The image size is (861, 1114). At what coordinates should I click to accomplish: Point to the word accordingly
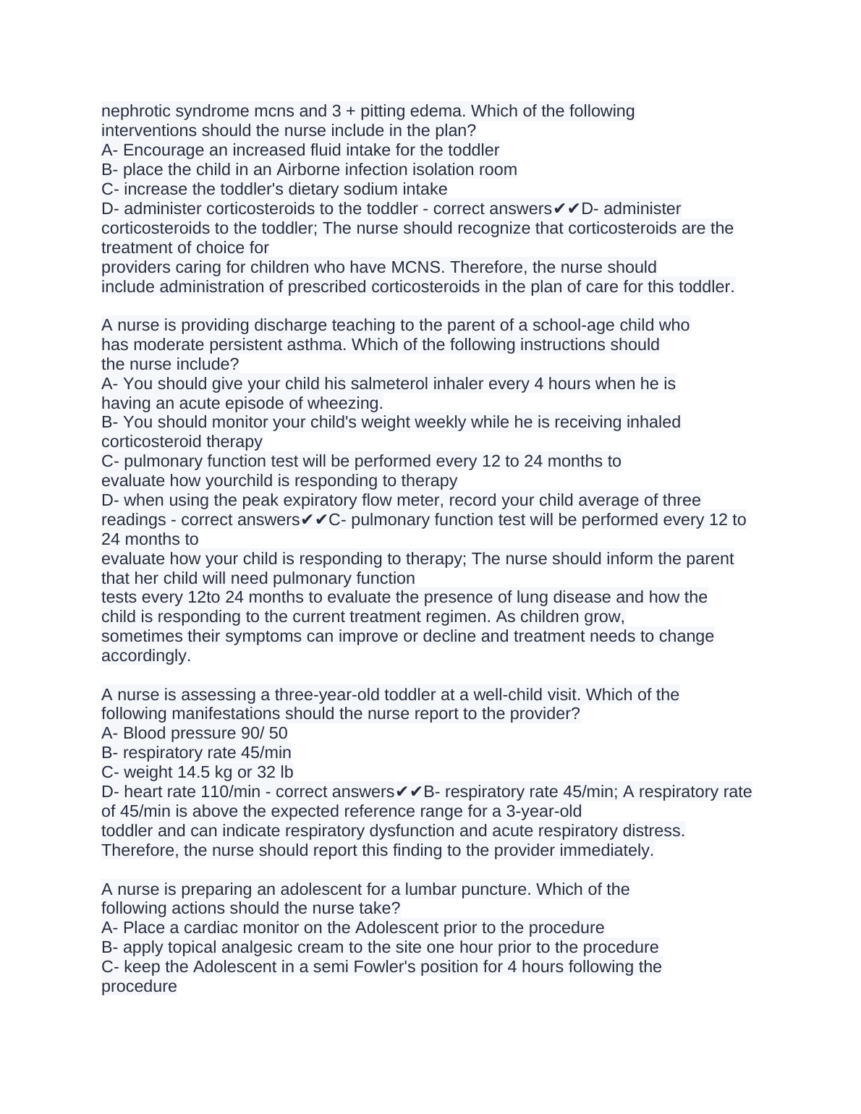(x=145, y=656)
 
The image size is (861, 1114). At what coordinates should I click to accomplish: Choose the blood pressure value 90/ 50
(x=264, y=734)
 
